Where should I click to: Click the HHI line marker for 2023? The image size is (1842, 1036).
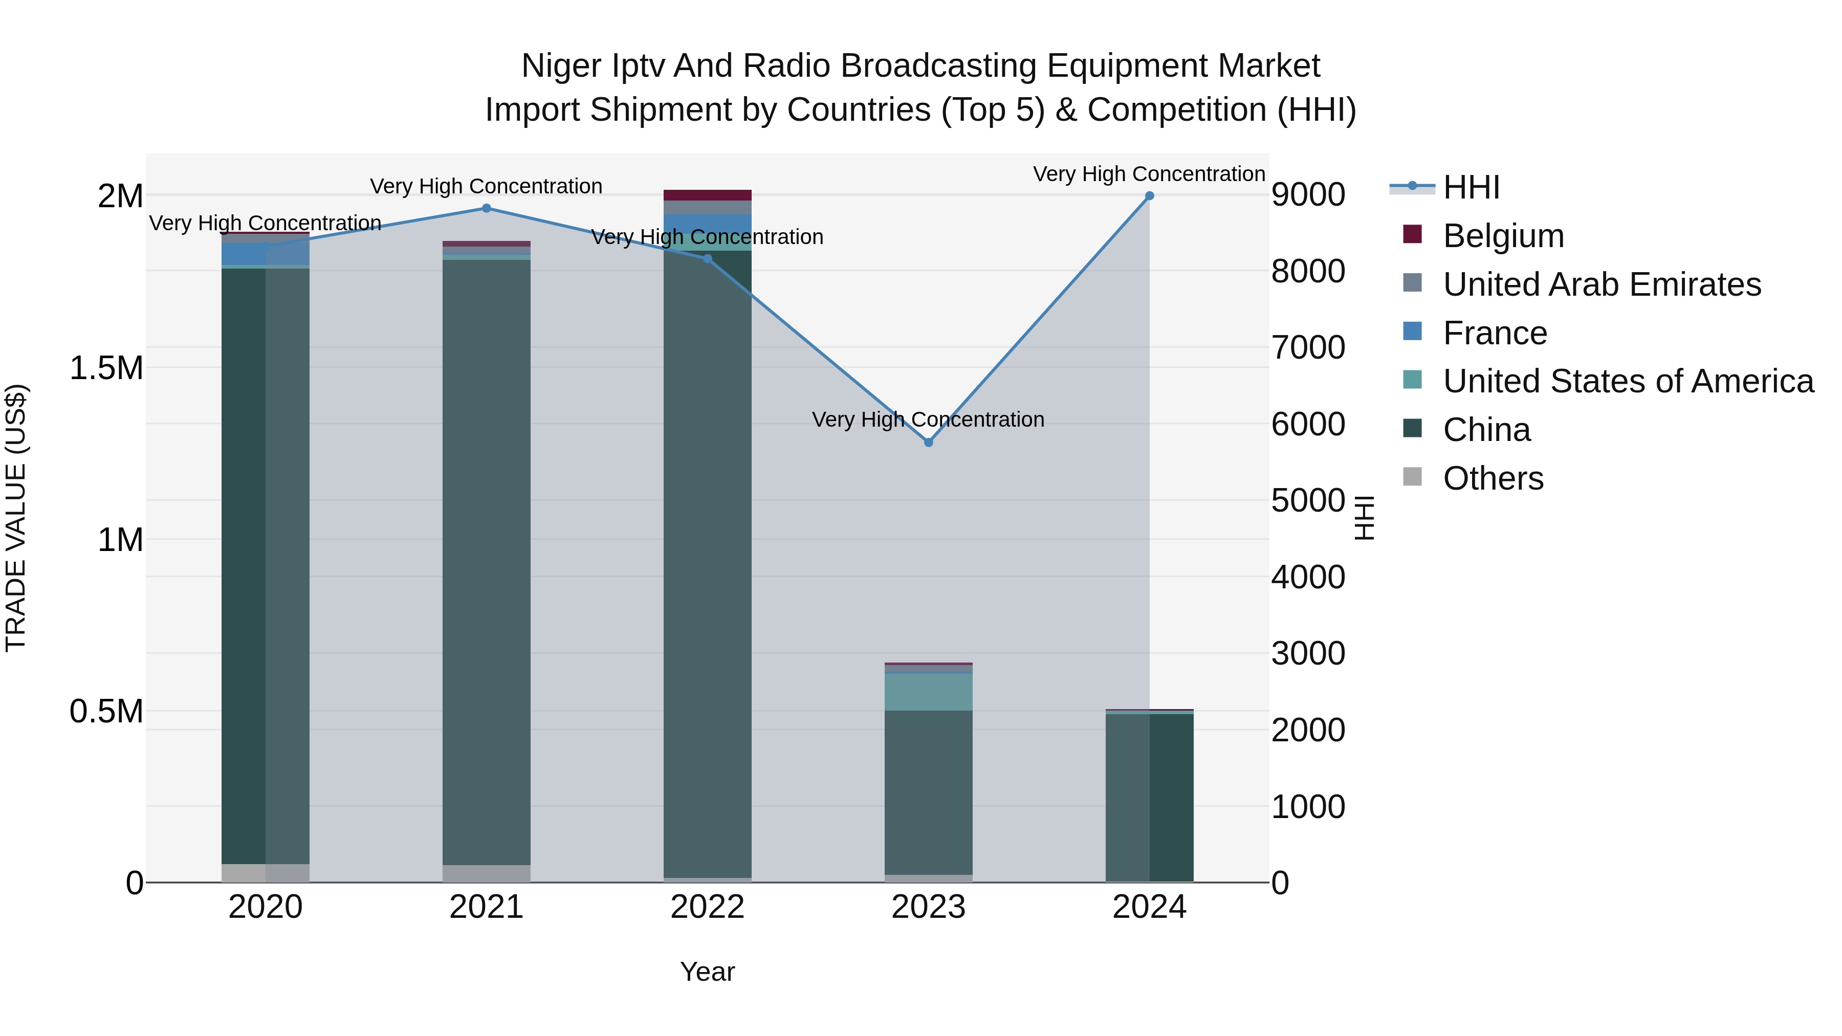click(928, 443)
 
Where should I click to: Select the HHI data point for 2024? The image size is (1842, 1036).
click(1149, 196)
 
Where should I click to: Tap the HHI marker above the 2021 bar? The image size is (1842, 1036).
click(486, 208)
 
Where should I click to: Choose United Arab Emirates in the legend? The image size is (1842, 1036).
click(1601, 284)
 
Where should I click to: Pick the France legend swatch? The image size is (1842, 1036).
click(1412, 332)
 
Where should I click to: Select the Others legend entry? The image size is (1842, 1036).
click(1493, 478)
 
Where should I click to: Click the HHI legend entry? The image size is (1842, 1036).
click(1471, 187)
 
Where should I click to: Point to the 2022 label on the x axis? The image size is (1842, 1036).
click(707, 907)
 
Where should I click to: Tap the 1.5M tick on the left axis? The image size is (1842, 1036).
click(106, 368)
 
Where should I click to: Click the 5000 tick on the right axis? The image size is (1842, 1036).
click(1308, 500)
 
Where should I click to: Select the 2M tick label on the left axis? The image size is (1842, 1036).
click(120, 196)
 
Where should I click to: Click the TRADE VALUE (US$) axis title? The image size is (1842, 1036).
click(16, 518)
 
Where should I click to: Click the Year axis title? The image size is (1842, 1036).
click(707, 972)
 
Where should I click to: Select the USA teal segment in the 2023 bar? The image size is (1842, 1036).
click(928, 691)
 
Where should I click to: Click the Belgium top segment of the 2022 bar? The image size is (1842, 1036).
click(707, 195)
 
